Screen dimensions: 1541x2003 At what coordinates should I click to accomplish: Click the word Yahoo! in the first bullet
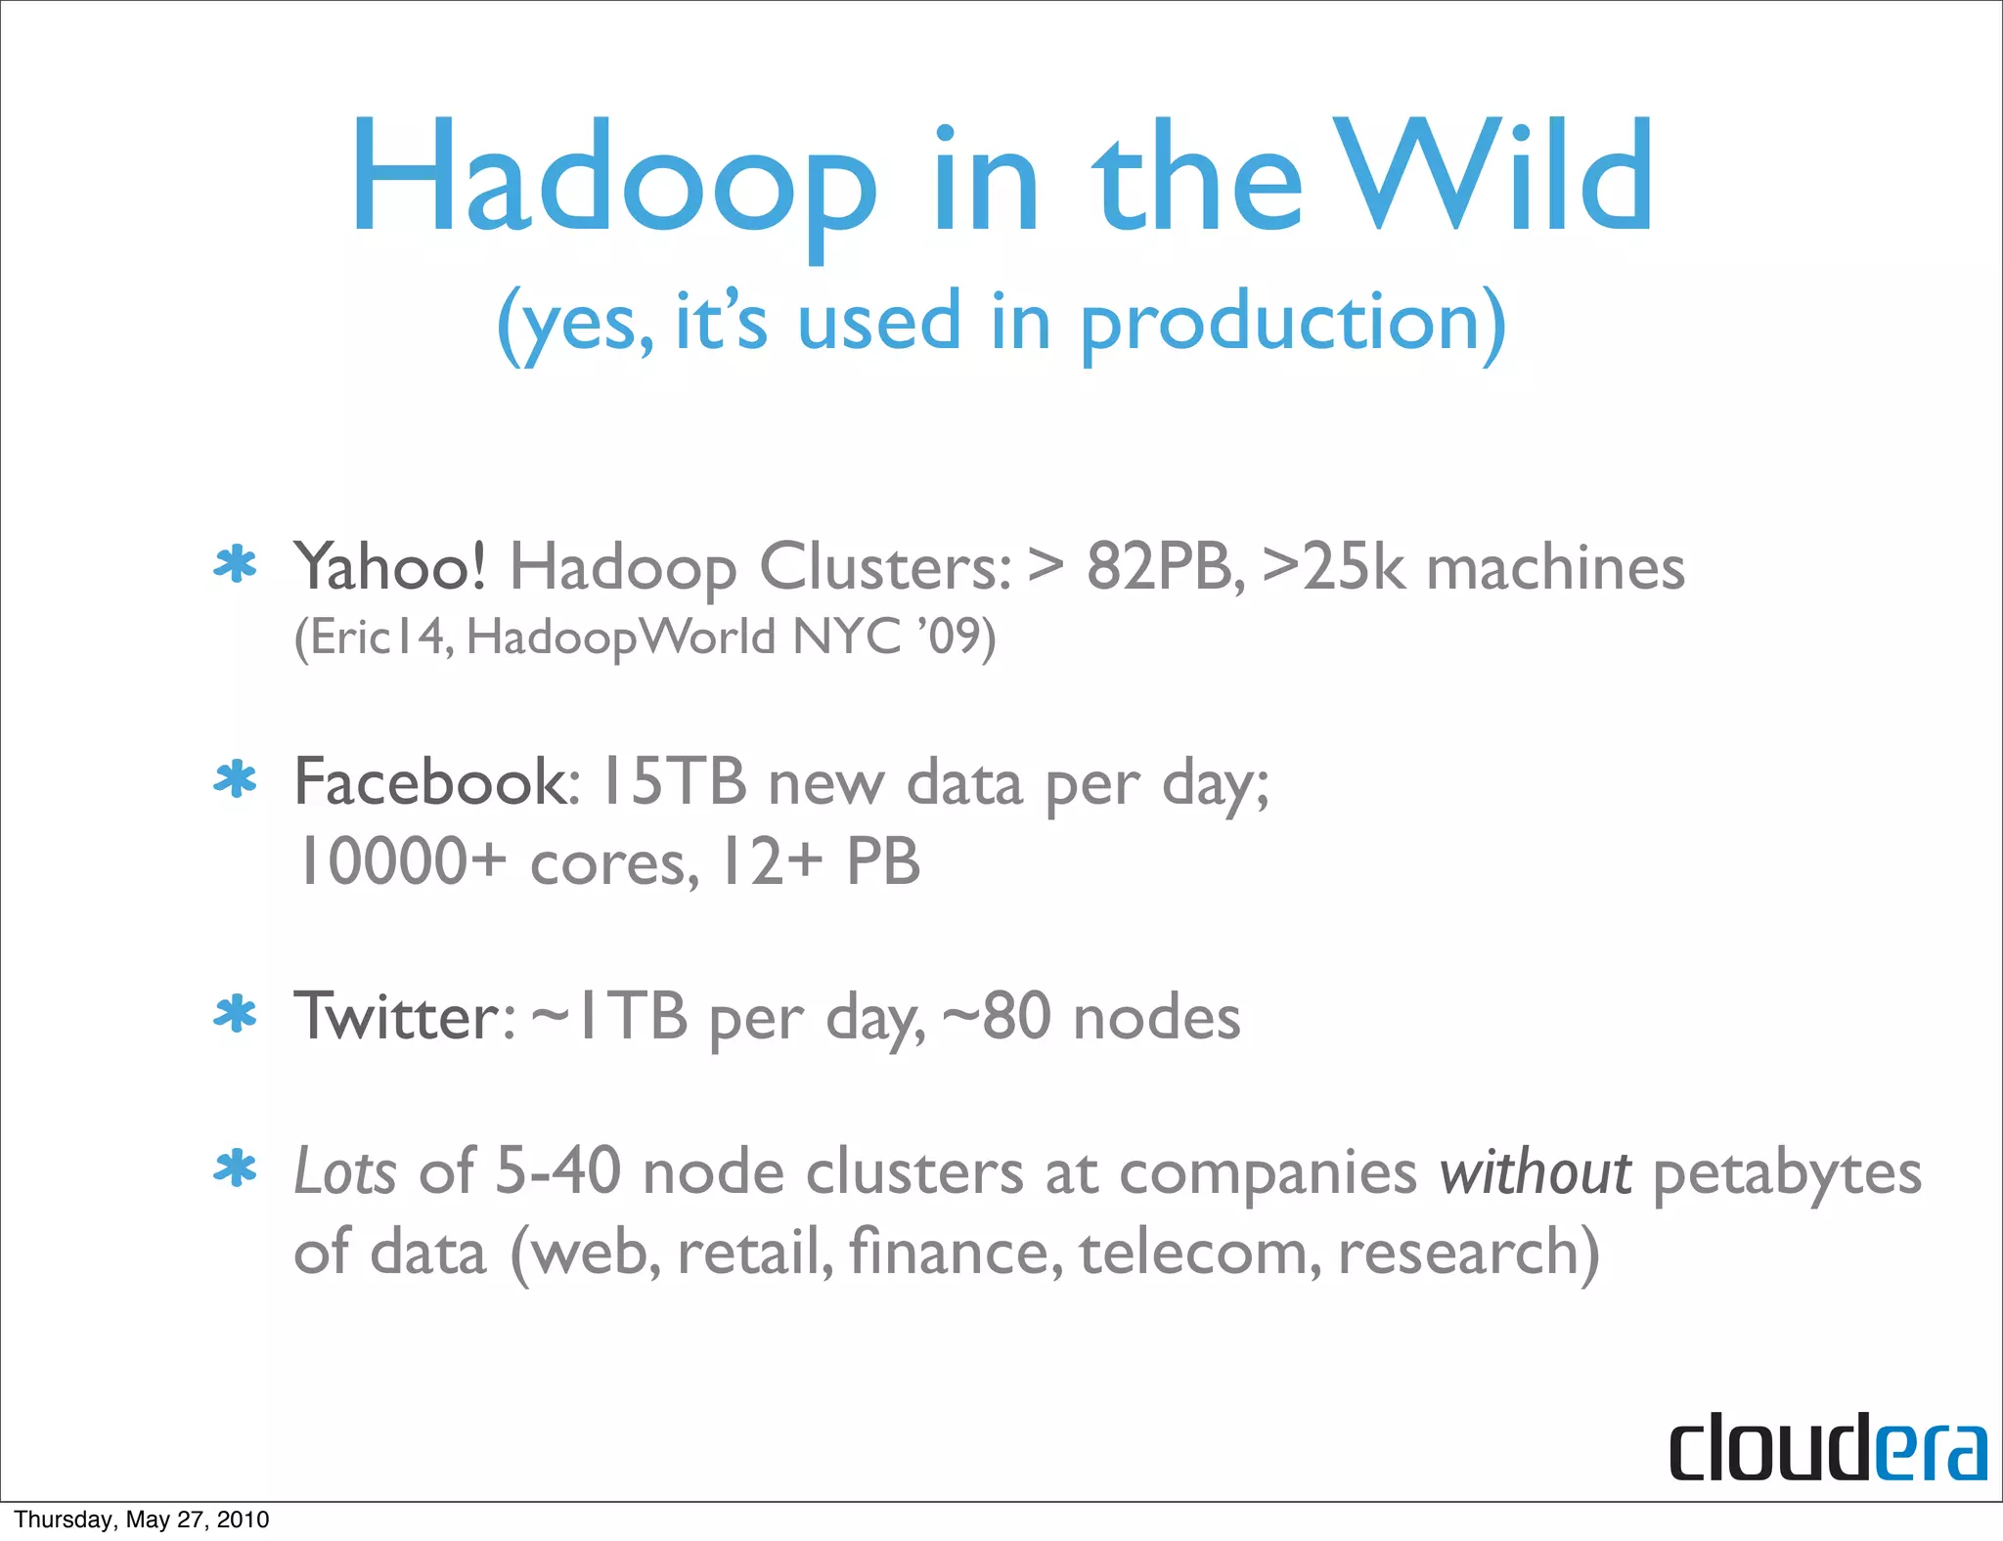point(389,567)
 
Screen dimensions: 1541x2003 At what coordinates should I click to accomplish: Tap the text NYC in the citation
point(846,638)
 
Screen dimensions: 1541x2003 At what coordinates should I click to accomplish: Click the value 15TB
point(674,782)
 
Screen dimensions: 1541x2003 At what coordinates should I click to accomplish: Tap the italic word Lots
point(345,1171)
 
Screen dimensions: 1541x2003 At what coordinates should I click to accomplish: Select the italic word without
point(1535,1171)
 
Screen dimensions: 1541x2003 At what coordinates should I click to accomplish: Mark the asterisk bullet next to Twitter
point(236,1015)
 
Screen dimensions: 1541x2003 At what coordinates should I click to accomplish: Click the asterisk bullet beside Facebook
point(236,780)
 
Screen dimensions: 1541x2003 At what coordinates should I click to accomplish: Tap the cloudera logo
point(1827,1447)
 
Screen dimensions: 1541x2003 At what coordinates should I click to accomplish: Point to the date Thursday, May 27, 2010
point(142,1519)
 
